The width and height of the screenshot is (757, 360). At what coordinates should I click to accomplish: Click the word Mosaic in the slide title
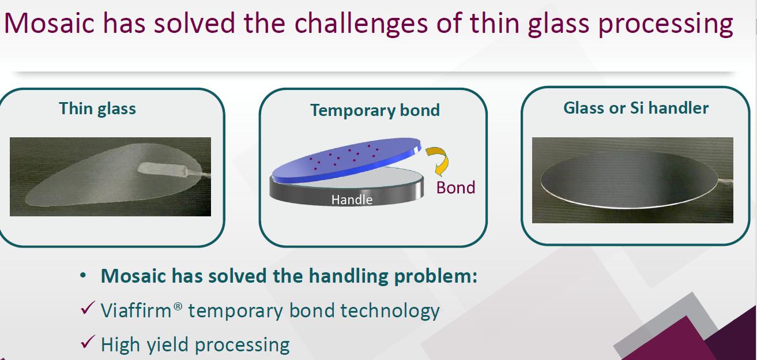[x=49, y=23]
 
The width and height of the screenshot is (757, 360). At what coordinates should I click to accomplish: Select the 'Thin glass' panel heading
[x=97, y=109]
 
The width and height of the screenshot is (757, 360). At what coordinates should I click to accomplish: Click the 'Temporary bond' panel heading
[x=375, y=110]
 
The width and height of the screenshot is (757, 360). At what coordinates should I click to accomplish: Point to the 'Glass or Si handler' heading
[x=636, y=108]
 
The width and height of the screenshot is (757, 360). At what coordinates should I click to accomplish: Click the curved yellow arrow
[x=438, y=161]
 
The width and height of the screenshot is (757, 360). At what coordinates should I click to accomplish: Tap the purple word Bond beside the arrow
[x=455, y=187]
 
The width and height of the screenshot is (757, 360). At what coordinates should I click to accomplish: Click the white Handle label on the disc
[x=352, y=200]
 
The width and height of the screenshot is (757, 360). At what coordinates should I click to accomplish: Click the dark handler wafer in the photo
[x=629, y=179]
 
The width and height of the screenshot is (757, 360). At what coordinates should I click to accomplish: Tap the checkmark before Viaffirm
[x=88, y=308]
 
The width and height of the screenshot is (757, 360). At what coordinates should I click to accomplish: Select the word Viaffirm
[x=136, y=310]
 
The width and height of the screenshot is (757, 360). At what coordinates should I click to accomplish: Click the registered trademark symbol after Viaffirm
[x=178, y=306]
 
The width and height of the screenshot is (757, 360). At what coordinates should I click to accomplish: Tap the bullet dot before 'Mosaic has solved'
[x=83, y=276]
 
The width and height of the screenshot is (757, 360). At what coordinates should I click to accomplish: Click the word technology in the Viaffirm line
[x=390, y=312]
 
